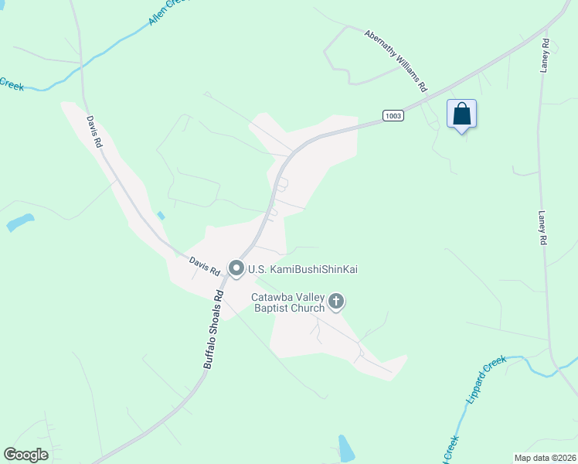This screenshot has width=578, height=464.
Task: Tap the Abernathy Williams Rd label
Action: [396, 61]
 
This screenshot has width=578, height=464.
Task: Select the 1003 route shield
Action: [393, 115]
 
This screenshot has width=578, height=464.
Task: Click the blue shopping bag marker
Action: [461, 114]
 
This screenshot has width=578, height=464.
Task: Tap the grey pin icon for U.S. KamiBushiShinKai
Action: [236, 269]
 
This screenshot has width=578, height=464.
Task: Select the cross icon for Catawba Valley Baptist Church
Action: [336, 301]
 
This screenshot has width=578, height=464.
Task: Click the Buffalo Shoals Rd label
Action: [214, 327]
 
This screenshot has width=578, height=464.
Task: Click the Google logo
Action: [25, 455]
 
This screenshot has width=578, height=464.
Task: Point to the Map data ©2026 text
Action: [545, 456]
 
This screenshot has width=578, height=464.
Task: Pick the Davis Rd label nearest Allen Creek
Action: [93, 131]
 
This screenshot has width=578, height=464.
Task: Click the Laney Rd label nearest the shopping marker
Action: [545, 56]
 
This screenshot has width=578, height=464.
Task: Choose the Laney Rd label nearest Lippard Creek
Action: [543, 230]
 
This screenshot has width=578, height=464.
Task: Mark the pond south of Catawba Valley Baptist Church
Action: [346, 449]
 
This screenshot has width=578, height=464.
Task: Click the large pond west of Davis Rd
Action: [20, 223]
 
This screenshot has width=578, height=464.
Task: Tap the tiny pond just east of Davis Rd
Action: [161, 216]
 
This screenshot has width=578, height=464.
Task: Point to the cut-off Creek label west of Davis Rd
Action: [11, 84]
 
